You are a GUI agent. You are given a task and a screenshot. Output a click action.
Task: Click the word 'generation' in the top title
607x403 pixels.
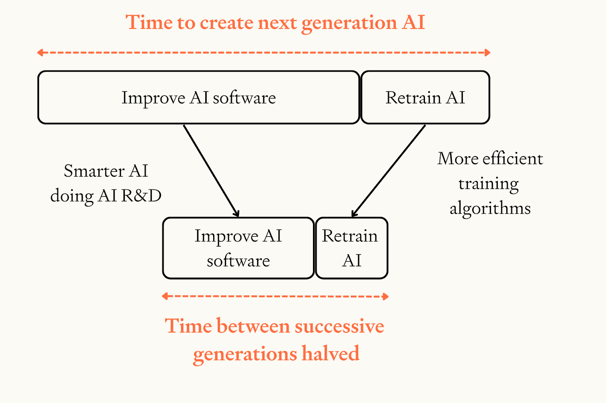pos(349,23)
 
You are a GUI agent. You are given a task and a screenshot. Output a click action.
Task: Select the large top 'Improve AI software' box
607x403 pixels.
pos(198,97)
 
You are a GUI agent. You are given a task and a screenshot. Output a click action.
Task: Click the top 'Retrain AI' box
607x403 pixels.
pos(425,97)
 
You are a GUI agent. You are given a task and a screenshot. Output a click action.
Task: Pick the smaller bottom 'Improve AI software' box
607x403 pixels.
pos(238,248)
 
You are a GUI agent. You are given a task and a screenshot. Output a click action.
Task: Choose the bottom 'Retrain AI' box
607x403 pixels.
pos(351,248)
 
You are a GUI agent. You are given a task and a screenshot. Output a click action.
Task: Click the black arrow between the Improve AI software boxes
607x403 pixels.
pos(211,171)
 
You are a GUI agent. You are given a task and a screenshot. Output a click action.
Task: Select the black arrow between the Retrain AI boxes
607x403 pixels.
pos(389,171)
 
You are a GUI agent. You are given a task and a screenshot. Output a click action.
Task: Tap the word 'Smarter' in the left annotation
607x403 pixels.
pos(94,171)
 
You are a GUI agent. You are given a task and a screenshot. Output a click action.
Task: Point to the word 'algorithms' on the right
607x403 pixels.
pos(490,209)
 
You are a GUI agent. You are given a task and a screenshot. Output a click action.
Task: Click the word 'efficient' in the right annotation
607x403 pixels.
pos(513,158)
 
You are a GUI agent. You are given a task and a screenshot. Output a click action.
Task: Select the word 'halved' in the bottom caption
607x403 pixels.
pos(330,353)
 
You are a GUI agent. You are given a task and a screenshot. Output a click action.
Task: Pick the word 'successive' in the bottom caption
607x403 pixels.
pos(340,326)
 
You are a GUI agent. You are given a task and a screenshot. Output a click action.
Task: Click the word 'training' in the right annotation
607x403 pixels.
pos(488,184)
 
